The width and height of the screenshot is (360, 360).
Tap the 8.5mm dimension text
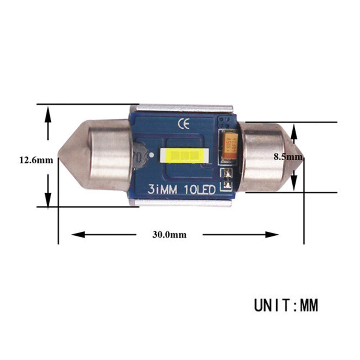tap(288, 157)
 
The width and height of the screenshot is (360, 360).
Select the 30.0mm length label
tap(169, 234)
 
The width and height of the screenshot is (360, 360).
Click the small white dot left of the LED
tap(153, 156)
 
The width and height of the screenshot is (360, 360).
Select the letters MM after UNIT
tap(309, 306)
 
